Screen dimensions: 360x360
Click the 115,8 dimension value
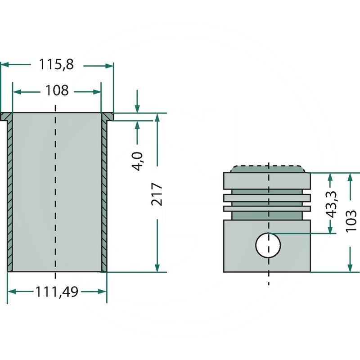(x=57, y=64)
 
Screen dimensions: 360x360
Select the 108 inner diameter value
(x=57, y=90)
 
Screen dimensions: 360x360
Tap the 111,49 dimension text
(x=57, y=292)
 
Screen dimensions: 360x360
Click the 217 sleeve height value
(x=157, y=194)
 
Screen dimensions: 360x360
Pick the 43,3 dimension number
(x=332, y=204)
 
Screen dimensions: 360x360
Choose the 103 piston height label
(x=351, y=221)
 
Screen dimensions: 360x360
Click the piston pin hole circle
(x=268, y=245)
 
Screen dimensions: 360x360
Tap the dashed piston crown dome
(x=268, y=169)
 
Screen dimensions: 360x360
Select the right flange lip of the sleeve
(x=108, y=117)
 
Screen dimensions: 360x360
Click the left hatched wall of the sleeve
(x=9, y=196)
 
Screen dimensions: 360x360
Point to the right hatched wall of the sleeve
(x=104, y=196)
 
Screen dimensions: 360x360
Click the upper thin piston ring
(x=267, y=198)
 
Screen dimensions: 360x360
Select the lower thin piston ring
(x=267, y=208)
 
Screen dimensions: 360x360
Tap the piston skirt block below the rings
(x=267, y=246)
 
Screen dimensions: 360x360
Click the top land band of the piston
(x=267, y=181)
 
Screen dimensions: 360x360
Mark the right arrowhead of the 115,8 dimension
(x=109, y=66)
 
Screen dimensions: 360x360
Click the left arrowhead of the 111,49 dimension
(x=12, y=292)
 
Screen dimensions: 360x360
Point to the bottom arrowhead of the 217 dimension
(x=157, y=268)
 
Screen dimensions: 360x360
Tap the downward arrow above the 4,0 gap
(x=137, y=101)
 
